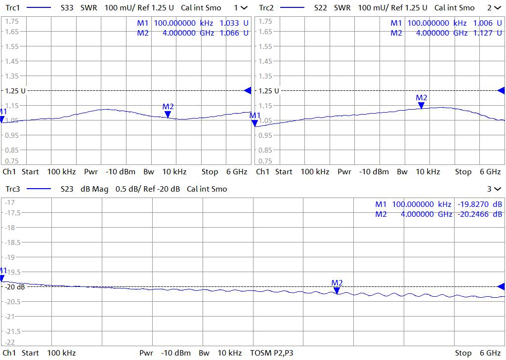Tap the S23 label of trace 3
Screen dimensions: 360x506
[67, 189]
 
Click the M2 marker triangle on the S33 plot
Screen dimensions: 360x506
[168, 114]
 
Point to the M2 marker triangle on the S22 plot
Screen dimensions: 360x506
[421, 105]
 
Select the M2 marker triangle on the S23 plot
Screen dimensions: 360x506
[337, 290]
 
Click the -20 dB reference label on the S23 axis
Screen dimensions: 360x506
[14, 287]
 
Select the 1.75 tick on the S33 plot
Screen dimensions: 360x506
[12, 22]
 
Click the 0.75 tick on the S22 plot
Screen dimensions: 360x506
[265, 161]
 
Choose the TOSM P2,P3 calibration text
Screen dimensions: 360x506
[271, 353]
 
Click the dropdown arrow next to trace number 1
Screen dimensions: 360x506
[244, 8]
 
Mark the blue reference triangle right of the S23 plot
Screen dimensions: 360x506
[501, 287]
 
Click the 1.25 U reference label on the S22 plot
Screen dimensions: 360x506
[268, 91]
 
